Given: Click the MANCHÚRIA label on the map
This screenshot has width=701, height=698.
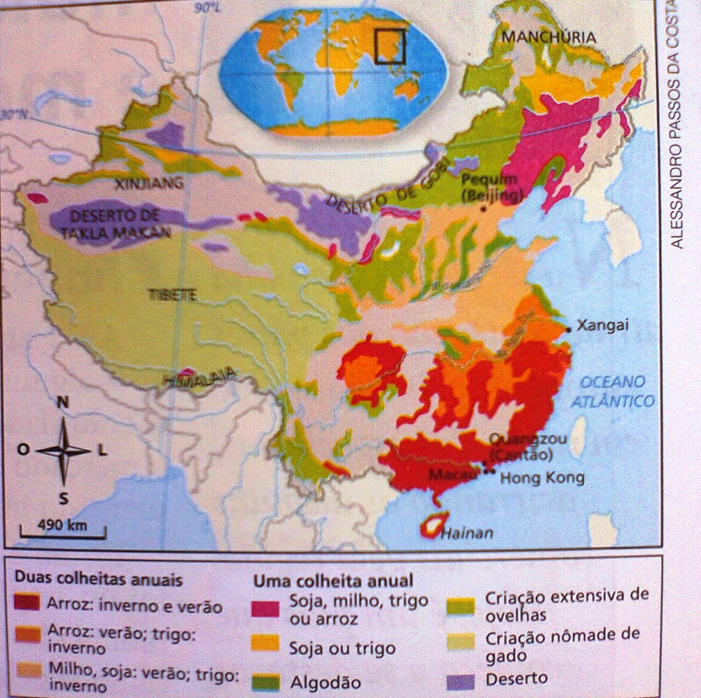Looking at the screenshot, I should pyautogui.click(x=549, y=38).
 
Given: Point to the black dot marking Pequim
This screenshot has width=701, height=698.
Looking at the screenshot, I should pyautogui.click(x=483, y=208).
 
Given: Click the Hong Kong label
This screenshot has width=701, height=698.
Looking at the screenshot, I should pyautogui.click(x=542, y=478).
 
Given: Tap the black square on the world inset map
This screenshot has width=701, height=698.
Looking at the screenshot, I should pyautogui.click(x=390, y=46).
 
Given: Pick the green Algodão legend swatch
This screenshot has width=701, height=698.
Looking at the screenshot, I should pyautogui.click(x=265, y=682).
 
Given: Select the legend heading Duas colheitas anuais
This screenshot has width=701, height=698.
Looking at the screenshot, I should pyautogui.click(x=98, y=579).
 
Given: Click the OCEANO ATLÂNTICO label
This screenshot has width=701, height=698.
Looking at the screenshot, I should pyautogui.click(x=613, y=391).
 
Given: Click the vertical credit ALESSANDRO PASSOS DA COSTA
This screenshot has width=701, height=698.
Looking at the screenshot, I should pyautogui.click(x=678, y=125).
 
